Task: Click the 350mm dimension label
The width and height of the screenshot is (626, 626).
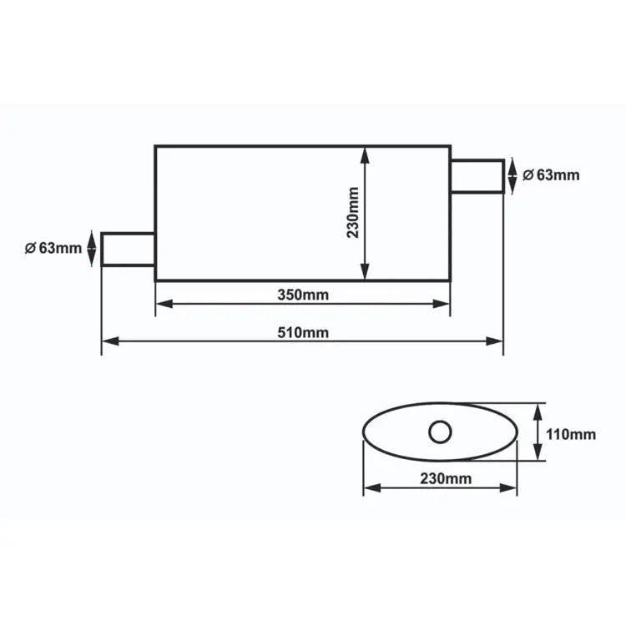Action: point(302,295)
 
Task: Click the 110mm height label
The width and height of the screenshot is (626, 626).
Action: point(571,433)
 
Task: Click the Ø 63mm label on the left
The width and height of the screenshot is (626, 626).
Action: point(53,248)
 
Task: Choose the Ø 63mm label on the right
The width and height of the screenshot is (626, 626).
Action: point(550,175)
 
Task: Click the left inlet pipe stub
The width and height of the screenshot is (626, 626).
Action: point(128,250)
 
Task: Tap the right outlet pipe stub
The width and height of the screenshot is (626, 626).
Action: point(477,176)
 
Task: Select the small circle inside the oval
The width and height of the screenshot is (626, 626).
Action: point(440,432)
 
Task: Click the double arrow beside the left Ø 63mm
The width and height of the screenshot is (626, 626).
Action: point(90,250)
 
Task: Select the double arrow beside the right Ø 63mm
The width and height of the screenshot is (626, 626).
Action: point(513,175)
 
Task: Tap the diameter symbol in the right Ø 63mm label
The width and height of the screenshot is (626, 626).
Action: point(528,175)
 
